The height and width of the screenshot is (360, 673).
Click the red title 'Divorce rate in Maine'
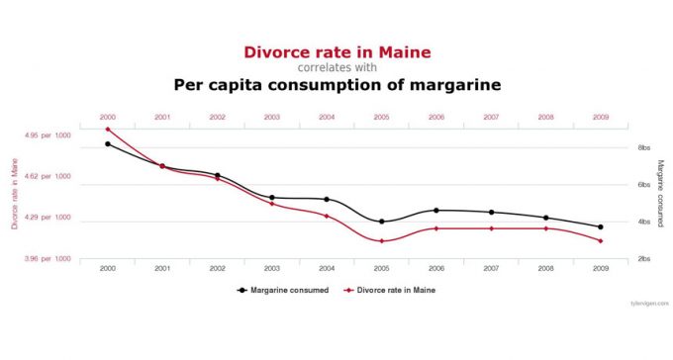coord(336,51)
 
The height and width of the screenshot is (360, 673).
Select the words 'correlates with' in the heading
coord(336,68)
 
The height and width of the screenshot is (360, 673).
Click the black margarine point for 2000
coord(107,144)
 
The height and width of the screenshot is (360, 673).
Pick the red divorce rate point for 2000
coord(107,130)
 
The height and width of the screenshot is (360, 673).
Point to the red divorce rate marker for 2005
coord(381,241)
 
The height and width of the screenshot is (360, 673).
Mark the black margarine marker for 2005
coord(381,222)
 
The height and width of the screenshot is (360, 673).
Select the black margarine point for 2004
coord(327,200)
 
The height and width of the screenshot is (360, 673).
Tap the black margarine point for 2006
coord(436,210)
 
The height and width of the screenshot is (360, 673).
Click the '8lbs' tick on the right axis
coord(643,148)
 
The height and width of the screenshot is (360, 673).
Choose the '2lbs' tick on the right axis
coord(643,259)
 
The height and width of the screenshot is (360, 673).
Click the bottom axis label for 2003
coord(271,269)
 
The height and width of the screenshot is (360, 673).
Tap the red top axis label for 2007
coord(491,118)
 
